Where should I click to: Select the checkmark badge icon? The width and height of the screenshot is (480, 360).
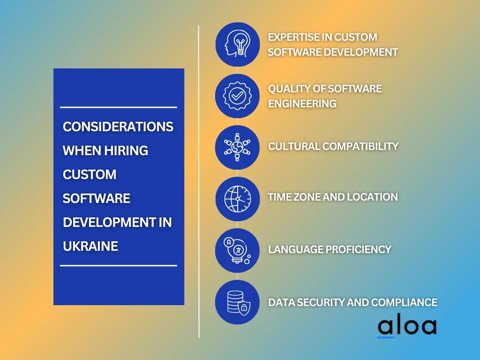pos(238,96)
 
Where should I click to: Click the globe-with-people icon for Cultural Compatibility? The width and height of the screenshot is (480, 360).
pos(238,147)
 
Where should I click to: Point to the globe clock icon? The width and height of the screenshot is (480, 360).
pos(238,199)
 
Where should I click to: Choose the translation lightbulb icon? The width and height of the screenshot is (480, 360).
pos(238,250)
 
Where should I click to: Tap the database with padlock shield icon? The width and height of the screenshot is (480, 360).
pos(238,302)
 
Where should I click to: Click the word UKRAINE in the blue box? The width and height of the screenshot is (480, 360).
pos(90,246)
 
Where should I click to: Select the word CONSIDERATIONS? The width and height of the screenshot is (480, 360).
pos(118,127)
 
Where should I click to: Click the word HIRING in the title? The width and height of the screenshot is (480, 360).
pos(126,150)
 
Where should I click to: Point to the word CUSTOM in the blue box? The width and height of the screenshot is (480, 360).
pos(90,174)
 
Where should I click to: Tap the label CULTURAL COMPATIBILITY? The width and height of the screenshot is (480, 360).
pos(333,146)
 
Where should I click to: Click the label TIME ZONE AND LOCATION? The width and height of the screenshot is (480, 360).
pos(333,197)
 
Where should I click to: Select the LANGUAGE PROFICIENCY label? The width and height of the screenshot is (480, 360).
pos(330,249)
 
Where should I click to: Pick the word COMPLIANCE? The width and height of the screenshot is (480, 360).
pos(404,302)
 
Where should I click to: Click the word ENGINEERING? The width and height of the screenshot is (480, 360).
pos(302,104)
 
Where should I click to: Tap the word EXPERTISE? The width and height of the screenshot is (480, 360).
pos(294,37)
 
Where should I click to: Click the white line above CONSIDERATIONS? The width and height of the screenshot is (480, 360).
pos(119,107)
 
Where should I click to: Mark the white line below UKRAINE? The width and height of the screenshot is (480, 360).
pos(119,265)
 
